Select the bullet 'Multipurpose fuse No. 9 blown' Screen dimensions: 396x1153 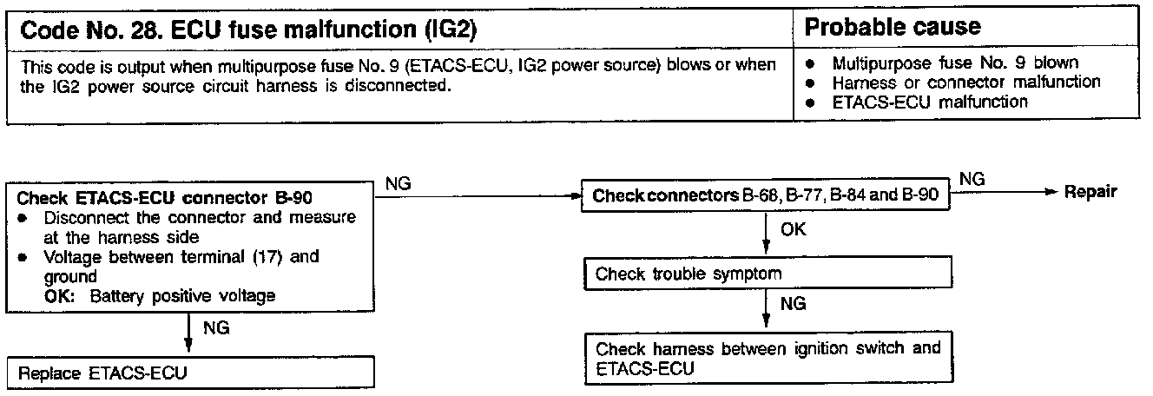coord(955,63)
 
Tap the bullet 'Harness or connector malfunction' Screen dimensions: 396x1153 coord(965,82)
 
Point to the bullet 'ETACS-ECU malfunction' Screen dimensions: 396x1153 coord(930,102)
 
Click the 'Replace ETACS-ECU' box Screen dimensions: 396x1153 coord(191,374)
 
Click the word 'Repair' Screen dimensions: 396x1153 coord(1092,192)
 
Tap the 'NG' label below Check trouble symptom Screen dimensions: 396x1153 coord(794,305)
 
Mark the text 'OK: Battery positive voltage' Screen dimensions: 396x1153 coord(160,296)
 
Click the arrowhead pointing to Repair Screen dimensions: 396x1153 coord(1055,192)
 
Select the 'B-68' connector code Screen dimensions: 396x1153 coord(759,196)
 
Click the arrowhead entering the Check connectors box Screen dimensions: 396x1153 coord(575,196)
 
